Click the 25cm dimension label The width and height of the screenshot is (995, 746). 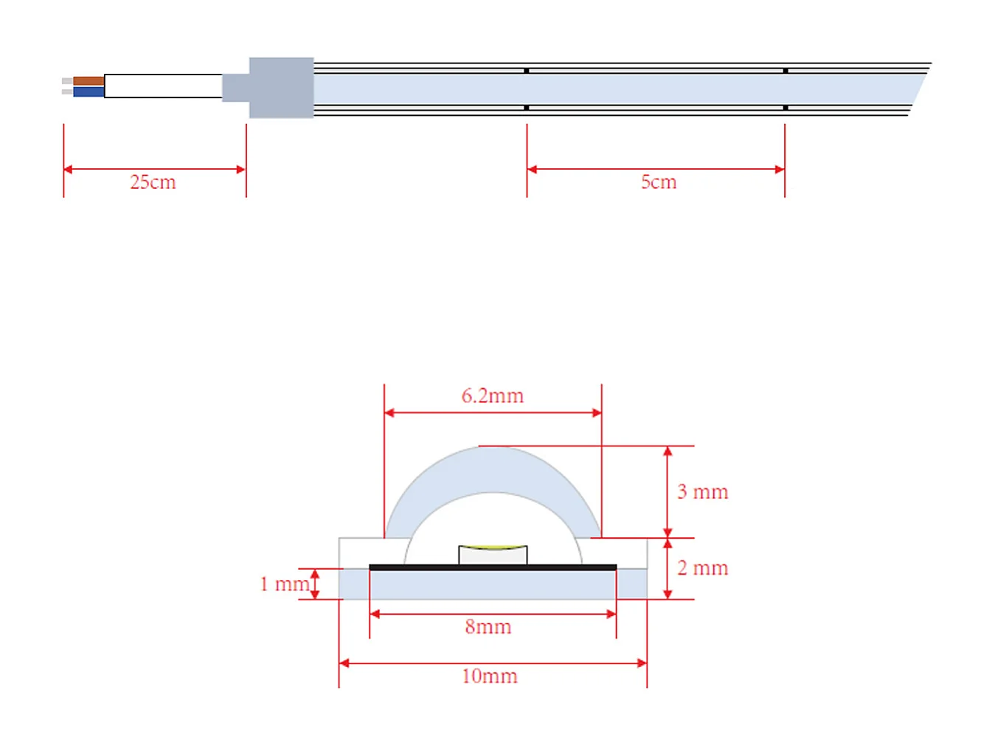(153, 182)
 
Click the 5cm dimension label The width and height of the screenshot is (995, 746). (658, 182)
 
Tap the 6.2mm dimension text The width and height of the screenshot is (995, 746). (492, 396)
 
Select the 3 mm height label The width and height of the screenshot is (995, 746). (702, 492)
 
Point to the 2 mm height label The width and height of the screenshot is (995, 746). (702, 568)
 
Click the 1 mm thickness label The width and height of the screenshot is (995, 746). (284, 584)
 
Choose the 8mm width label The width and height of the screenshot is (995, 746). (488, 627)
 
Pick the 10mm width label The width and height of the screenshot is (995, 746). (489, 677)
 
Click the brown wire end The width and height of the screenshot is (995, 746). (88, 81)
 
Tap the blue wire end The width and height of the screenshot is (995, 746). (88, 92)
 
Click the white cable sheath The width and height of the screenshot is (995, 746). (163, 86)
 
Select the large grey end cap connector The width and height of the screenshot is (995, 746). (281, 88)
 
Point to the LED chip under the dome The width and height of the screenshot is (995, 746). (493, 555)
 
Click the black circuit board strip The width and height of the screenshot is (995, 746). (493, 567)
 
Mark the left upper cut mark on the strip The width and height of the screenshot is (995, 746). (527, 71)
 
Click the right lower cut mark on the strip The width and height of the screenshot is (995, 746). (786, 108)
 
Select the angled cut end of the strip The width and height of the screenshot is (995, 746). (918, 89)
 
